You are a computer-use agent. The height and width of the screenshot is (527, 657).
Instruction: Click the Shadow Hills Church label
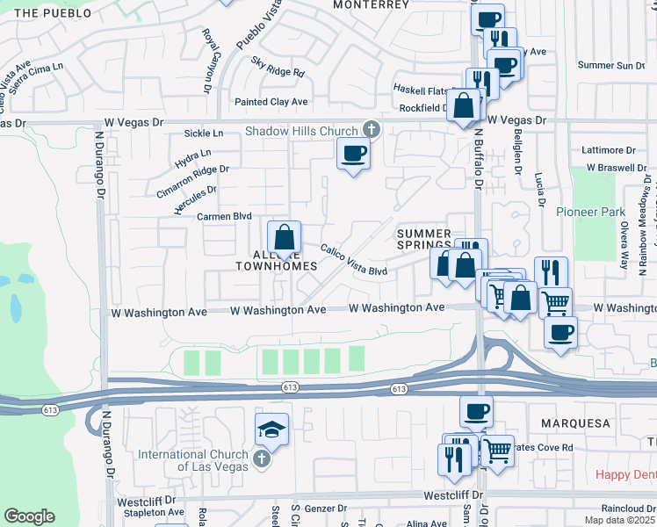coord(301,131)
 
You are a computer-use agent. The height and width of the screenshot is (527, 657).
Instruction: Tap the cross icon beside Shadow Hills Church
coord(371,130)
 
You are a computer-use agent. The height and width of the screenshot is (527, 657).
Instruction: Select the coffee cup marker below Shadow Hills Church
coord(353,155)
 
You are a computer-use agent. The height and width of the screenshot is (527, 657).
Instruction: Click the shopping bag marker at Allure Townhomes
coord(284,238)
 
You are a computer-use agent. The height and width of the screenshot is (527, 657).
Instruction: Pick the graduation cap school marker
coord(271,430)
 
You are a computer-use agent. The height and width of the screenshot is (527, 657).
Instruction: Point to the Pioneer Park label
coord(589,212)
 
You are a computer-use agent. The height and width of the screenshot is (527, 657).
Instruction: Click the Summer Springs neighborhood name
coord(424,240)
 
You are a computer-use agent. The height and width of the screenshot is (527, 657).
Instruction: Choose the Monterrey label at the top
coord(371,4)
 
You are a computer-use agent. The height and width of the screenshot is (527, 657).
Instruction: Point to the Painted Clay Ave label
coord(271,102)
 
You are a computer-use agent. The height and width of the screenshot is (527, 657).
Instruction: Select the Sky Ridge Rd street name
coord(278,68)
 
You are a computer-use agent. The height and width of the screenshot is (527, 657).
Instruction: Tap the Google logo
coord(29,516)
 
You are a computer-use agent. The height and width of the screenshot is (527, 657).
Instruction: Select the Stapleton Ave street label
coord(154,512)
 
